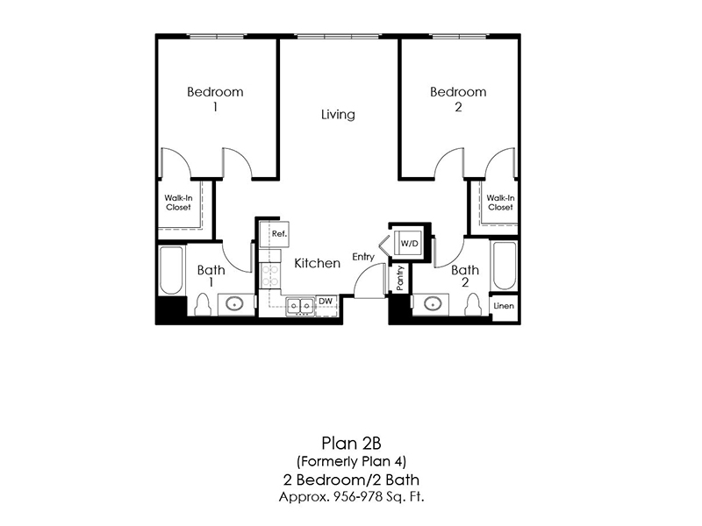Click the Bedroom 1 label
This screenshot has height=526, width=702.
point(215,99)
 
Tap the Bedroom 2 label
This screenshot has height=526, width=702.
point(458,99)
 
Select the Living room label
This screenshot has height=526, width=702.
point(338,115)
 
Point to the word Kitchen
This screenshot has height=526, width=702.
point(317,263)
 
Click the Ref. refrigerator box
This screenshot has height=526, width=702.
point(275,234)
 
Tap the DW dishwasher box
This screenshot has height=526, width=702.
point(326,302)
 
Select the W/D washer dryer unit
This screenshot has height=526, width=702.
point(408,244)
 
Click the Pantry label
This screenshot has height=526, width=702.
point(400,278)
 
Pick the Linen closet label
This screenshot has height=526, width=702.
point(504,306)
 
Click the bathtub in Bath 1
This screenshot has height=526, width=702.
point(171,270)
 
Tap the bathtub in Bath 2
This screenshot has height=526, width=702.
point(504,266)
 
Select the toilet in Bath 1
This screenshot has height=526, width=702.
point(203,304)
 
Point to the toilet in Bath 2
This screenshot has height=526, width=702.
point(473,304)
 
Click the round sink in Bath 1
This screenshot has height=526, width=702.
point(234,304)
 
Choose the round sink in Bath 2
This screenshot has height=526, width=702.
point(432,303)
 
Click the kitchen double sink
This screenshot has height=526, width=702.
point(300,306)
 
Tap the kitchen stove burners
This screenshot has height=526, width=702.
point(270,275)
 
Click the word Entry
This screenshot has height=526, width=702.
point(363,257)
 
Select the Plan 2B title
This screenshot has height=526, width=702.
point(351,444)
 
